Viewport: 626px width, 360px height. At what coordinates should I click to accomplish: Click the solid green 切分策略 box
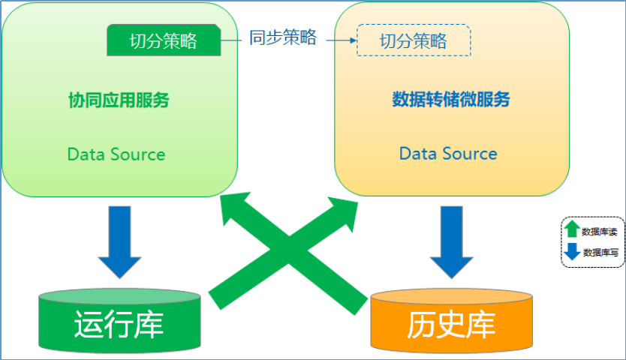pyautogui.click(x=164, y=40)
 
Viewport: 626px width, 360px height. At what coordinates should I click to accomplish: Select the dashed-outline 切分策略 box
pyautogui.click(x=413, y=40)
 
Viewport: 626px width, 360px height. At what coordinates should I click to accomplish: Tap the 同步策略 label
pyautogui.click(x=283, y=38)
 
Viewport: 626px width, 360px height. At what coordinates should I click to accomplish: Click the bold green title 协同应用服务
pyautogui.click(x=119, y=100)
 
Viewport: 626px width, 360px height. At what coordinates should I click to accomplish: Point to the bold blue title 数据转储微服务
pyautogui.click(x=451, y=100)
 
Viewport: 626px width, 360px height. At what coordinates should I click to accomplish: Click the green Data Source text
pyautogui.click(x=116, y=154)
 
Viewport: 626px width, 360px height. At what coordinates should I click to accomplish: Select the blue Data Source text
pyautogui.click(x=448, y=154)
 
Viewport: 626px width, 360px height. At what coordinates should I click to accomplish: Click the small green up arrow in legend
pyautogui.click(x=572, y=230)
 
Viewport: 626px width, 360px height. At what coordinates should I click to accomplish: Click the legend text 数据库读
pyautogui.click(x=599, y=231)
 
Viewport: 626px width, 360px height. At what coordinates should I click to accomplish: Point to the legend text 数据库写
pyautogui.click(x=600, y=253)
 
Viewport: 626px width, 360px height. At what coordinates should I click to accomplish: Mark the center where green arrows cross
pyautogui.click(x=289, y=252)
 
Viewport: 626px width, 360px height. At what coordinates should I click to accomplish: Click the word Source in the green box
pyautogui.click(x=137, y=154)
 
